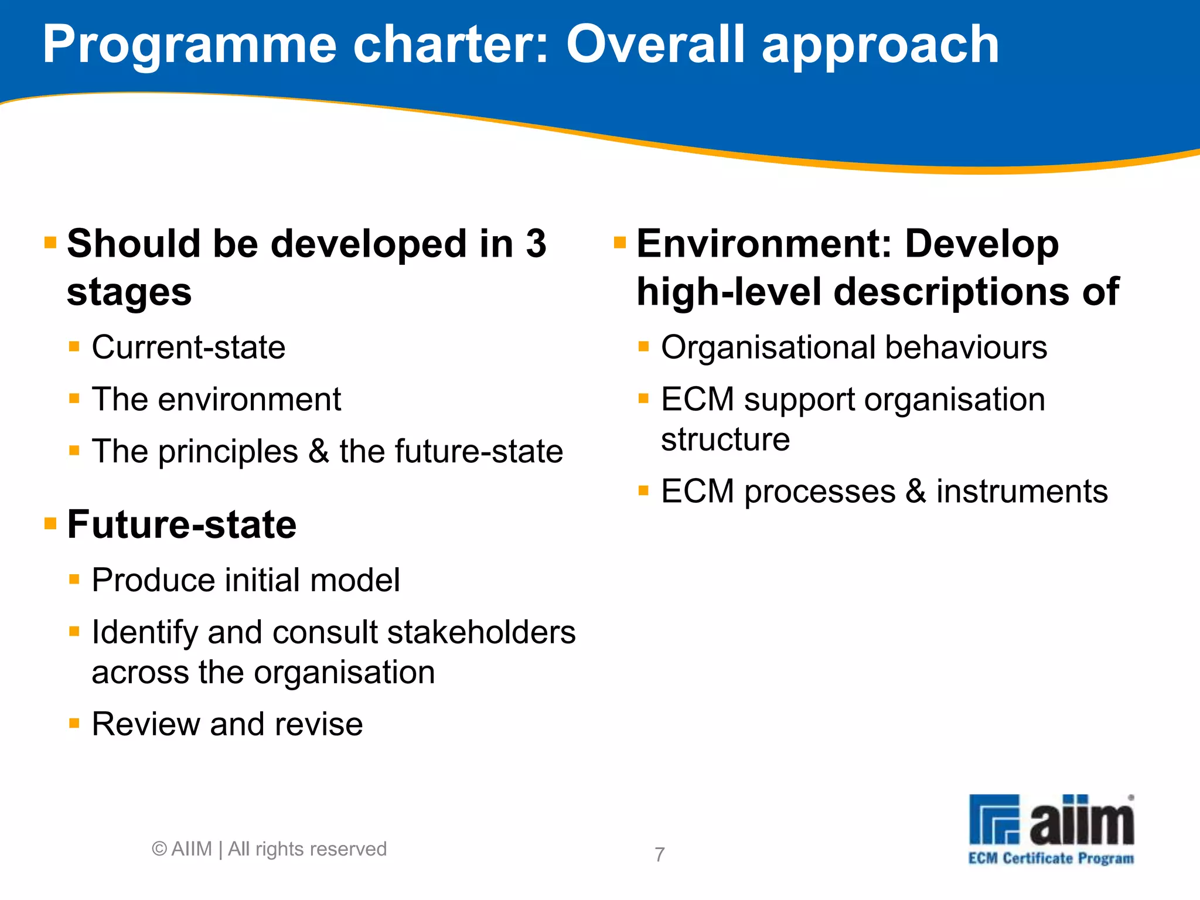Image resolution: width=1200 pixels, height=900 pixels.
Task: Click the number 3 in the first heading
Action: pos(536,243)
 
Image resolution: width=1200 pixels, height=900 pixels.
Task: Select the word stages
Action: pos(129,292)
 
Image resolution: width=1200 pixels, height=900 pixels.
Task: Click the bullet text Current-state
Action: pos(188,347)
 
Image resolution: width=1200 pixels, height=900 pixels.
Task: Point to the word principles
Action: pos(228,452)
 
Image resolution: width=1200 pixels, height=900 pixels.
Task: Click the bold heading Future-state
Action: pos(182,524)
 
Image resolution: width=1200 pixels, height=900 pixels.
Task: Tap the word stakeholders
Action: pos(481,632)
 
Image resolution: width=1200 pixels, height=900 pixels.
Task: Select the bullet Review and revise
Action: pos(227,724)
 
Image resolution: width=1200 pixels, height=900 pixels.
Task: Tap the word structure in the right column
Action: pos(725,439)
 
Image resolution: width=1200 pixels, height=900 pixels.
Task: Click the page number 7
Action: pos(660,854)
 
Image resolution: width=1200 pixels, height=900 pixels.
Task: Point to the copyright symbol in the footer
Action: pos(159,848)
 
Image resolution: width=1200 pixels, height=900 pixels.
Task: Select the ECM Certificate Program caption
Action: pos(1051,858)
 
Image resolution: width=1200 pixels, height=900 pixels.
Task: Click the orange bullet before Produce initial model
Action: pos(74,580)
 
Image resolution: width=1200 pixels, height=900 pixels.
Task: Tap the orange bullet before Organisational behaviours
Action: pos(643,346)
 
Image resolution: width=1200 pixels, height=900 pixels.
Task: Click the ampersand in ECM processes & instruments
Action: pos(915,491)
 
